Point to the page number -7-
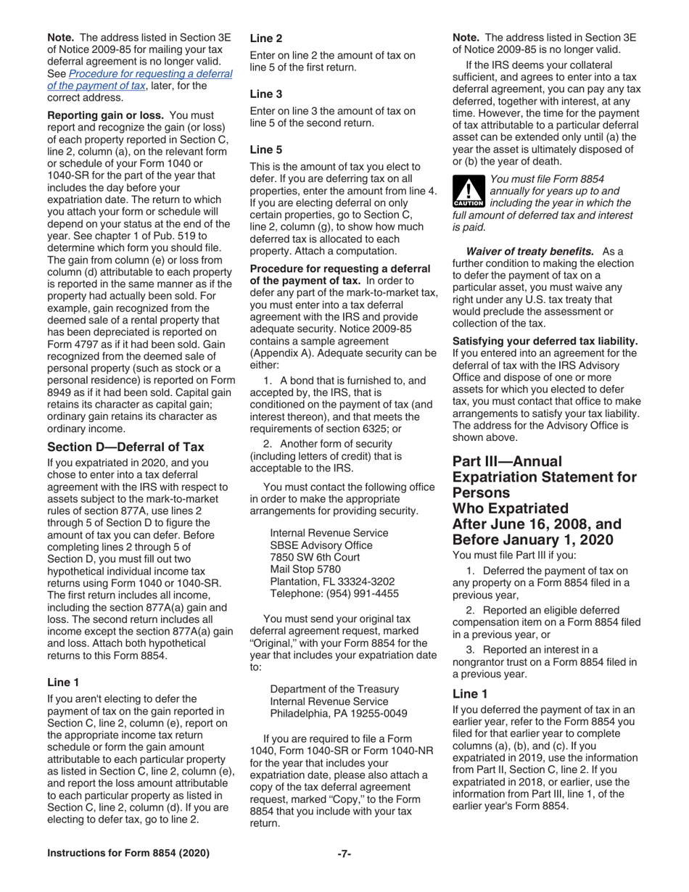tap(344, 873)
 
